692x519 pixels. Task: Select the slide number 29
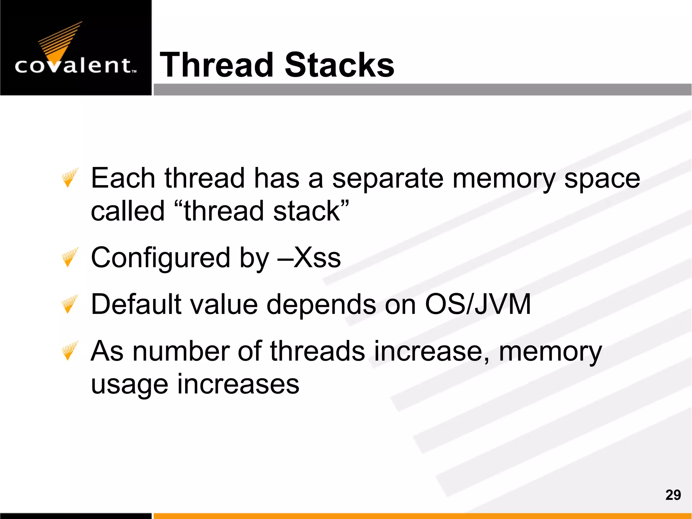pos(673,495)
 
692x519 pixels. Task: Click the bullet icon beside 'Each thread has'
pos(70,177)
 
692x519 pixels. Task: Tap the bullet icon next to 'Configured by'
pos(70,257)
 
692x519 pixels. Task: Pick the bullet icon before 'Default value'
pos(70,304)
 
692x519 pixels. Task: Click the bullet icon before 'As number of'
pos(70,350)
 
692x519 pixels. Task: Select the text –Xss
pos(309,258)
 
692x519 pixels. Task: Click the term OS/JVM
pos(477,304)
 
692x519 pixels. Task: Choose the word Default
pos(136,304)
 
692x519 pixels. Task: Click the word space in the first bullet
pos(602,179)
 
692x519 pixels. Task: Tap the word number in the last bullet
pos(181,351)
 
